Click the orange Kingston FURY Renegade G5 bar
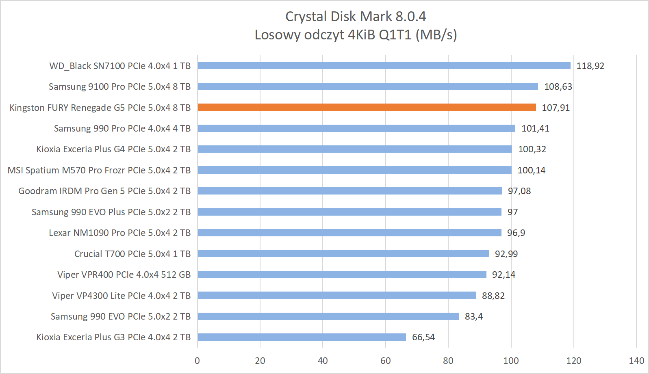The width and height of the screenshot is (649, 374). click(367, 107)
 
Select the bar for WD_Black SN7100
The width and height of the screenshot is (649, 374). click(384, 65)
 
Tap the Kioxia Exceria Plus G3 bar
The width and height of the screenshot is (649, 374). click(302, 337)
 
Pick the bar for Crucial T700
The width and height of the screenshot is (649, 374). click(343, 253)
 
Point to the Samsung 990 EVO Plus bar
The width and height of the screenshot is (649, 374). click(349, 212)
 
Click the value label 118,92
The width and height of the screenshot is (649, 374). click(590, 66)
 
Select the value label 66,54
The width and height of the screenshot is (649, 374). click(423, 337)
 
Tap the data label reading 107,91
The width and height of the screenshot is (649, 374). click(556, 108)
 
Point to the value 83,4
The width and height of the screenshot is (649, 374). click(473, 316)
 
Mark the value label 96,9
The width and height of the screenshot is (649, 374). click(516, 233)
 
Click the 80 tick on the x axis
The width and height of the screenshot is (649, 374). click(448, 361)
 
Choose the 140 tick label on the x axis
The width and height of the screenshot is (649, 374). click(636, 361)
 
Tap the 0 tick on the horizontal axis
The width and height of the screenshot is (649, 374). click(197, 361)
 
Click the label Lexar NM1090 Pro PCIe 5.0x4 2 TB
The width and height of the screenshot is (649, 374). click(119, 233)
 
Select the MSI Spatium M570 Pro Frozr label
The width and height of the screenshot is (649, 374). click(99, 170)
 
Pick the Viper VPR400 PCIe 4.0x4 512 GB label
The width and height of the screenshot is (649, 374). click(124, 275)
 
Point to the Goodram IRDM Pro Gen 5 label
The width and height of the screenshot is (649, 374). click(104, 191)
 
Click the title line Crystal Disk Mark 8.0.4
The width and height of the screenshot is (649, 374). click(356, 16)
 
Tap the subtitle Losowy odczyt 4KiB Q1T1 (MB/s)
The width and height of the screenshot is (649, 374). click(356, 35)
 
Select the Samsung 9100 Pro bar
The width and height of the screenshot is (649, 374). click(368, 86)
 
